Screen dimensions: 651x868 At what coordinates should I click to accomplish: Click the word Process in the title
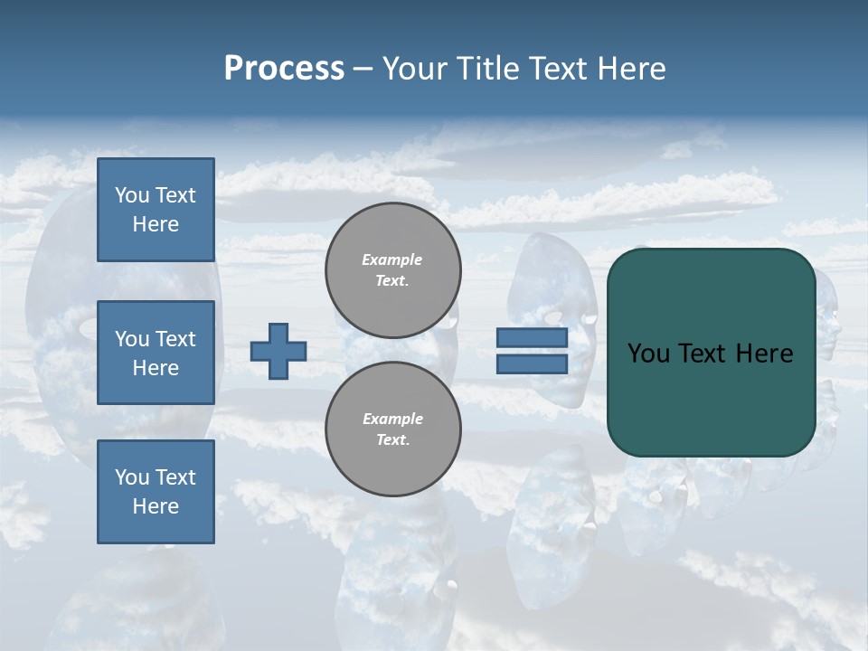284,69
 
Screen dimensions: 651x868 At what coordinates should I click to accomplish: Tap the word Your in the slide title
413,69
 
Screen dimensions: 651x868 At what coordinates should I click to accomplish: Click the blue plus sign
278,351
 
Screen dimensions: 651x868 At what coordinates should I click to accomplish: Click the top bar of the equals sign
533,338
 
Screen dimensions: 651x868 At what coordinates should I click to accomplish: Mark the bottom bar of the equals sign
533,363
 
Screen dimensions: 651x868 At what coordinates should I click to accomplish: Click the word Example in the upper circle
392,259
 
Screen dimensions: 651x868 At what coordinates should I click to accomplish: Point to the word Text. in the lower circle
392,440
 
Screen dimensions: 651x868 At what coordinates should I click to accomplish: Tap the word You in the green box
647,354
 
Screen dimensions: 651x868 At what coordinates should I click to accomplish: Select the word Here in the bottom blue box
156,506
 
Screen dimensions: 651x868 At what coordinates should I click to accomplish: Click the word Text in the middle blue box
175,339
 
